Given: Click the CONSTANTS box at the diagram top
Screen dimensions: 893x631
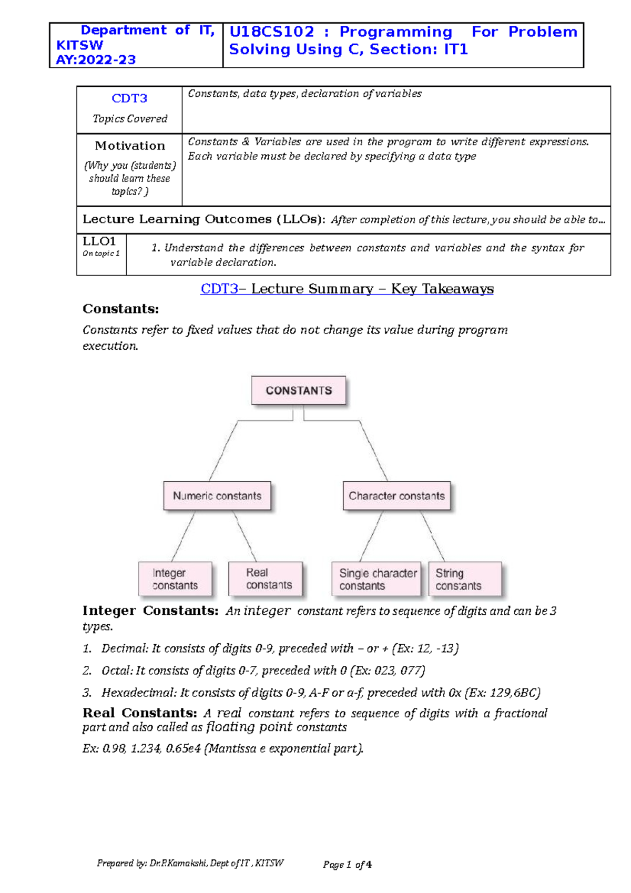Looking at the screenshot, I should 298,390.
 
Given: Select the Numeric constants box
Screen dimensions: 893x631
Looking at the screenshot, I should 217,495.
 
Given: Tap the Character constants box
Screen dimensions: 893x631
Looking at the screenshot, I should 396,495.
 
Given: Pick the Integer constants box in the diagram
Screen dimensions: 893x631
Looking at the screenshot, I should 175,579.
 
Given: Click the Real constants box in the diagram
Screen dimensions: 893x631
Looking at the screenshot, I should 266,579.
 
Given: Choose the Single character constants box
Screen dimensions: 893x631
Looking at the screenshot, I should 376,579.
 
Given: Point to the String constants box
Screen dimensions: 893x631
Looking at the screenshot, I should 464,579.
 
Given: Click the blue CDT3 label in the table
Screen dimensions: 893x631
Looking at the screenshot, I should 129,98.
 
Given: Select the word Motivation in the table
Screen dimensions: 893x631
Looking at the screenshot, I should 130,146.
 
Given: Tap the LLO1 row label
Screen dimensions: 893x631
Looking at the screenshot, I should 99,241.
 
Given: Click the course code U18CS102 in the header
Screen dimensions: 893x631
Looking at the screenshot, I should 272,32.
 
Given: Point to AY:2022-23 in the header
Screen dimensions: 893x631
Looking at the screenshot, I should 96,60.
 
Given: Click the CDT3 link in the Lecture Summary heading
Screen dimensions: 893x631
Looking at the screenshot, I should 219,289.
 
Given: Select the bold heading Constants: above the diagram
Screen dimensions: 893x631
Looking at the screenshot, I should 120,309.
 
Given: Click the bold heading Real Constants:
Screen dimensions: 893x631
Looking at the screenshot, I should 139,713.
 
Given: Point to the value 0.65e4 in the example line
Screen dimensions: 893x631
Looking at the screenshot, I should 183,748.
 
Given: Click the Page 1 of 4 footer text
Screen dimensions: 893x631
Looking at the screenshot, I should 347,865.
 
